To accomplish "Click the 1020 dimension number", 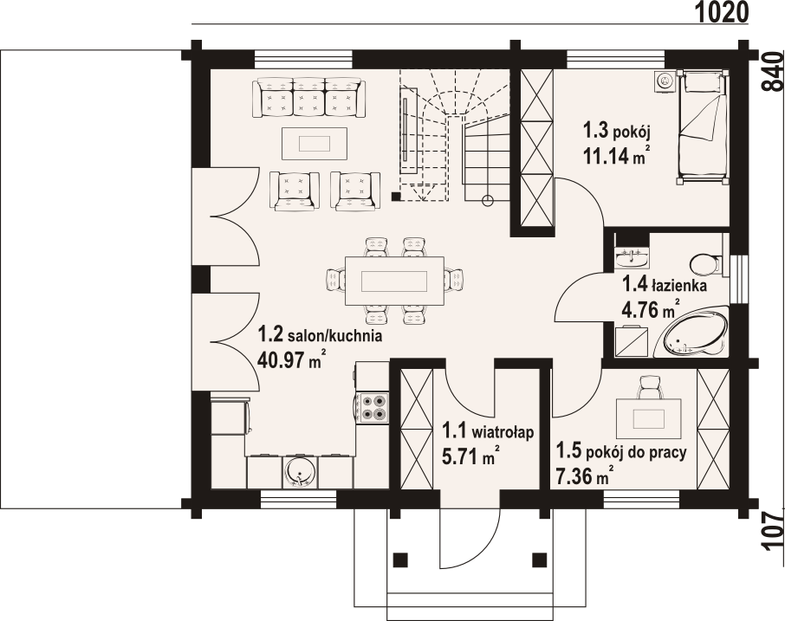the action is [723, 12].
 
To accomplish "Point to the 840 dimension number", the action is [773, 70].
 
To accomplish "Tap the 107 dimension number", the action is [773, 532].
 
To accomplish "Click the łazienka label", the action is [679, 287].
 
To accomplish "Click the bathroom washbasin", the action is [632, 257].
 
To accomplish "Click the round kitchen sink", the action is [300, 471].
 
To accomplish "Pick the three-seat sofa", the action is [309, 98].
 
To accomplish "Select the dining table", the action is [394, 281].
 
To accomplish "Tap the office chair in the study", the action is [651, 387].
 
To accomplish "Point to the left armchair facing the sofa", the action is [294, 191].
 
